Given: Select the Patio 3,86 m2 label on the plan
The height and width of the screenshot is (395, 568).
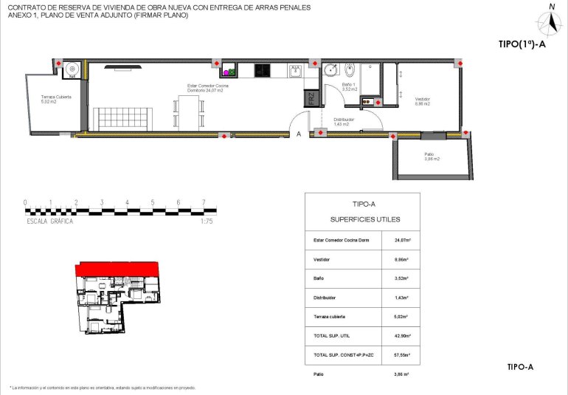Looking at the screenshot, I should (432, 157).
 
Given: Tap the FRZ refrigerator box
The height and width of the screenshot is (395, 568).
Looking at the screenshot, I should (312, 97).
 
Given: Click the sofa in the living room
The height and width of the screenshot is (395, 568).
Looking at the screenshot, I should (122, 118).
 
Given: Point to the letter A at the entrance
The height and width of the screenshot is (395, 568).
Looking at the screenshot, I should (299, 134).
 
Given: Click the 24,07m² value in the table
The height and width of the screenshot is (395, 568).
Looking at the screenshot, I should (402, 240).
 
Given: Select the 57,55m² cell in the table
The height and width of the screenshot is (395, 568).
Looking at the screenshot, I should (402, 355).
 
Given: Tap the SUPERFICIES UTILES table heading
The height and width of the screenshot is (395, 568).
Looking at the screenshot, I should (362, 220).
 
